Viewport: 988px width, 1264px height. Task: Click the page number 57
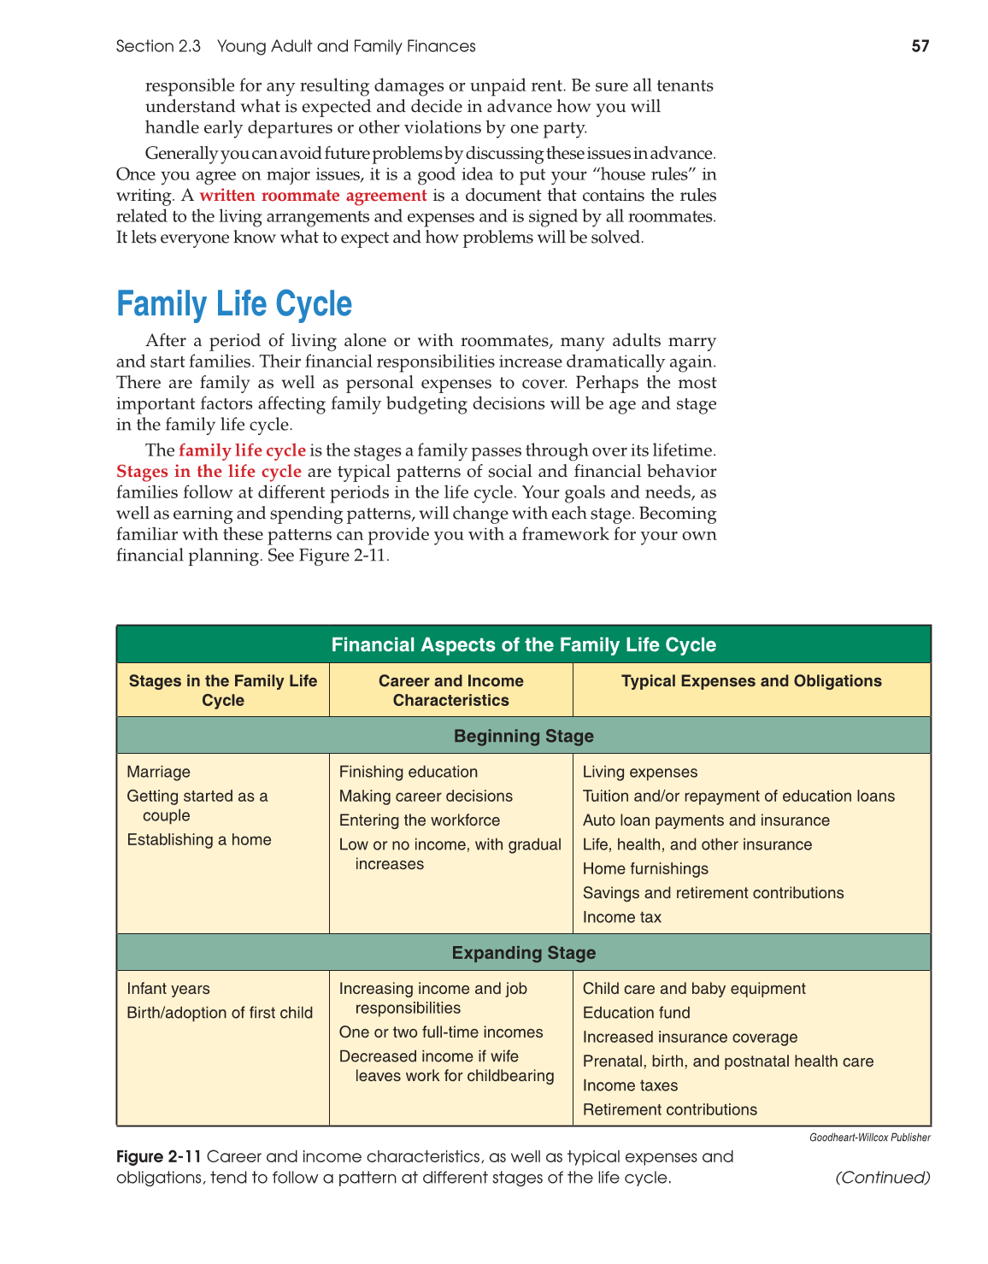(920, 46)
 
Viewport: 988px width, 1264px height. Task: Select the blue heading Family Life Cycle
(234, 304)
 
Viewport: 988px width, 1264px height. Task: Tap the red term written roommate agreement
(313, 195)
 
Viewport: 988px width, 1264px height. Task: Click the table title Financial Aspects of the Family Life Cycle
(523, 644)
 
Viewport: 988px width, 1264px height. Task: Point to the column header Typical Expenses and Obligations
(751, 681)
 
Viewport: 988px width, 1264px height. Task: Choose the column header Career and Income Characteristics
(450, 691)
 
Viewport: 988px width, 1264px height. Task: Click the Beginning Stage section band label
(523, 736)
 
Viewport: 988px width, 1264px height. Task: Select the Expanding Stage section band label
(523, 953)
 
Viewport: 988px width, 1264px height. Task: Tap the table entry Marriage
(159, 772)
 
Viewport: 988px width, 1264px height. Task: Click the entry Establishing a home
(199, 839)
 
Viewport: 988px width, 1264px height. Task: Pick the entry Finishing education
(409, 772)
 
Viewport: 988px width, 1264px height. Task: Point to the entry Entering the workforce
(420, 820)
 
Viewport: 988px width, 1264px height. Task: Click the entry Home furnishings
(645, 868)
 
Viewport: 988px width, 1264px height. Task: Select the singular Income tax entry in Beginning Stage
(622, 917)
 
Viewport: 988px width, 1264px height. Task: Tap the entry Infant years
(168, 989)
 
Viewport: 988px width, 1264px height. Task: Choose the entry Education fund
(637, 1013)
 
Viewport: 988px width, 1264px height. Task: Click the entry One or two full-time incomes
(441, 1032)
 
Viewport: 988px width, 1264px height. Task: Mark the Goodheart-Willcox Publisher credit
(870, 1138)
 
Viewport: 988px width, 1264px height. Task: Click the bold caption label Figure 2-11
(159, 1156)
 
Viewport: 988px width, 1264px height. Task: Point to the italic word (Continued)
(883, 1178)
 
